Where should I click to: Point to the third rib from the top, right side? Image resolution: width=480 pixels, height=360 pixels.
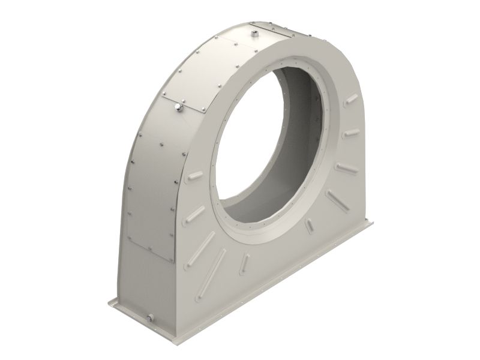[347, 167]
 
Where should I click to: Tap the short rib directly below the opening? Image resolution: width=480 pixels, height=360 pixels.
[245, 262]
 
